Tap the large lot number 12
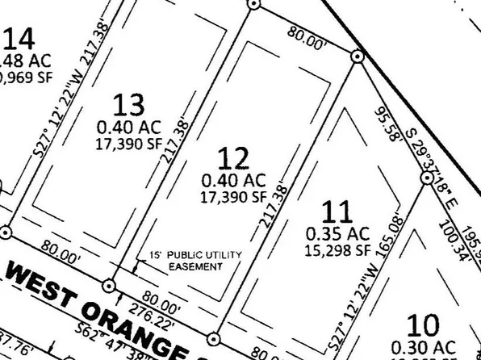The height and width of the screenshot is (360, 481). [x=233, y=159]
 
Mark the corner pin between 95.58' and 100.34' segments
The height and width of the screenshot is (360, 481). [x=428, y=178]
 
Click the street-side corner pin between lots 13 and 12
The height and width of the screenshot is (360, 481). [x=109, y=285]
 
